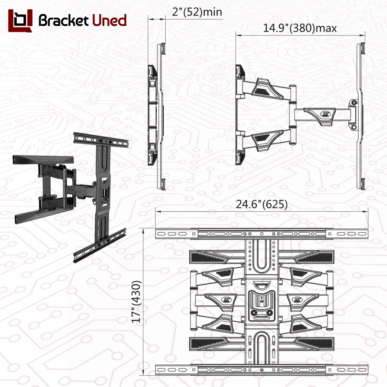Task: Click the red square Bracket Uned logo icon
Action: click(20, 21)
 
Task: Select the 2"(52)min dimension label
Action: click(197, 12)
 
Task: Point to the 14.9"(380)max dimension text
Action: click(300, 28)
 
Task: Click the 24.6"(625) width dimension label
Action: click(262, 204)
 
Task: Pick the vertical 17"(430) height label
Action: click(136, 301)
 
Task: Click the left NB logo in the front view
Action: click(226, 300)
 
